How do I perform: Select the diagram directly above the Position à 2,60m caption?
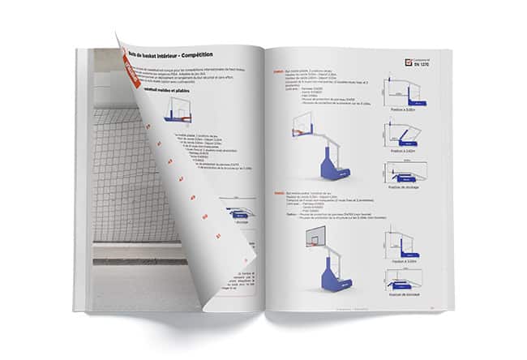(402, 133)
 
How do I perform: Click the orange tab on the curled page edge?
(128, 75)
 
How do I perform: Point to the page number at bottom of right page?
(432, 308)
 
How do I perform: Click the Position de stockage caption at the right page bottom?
(403, 291)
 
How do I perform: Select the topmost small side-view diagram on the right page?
(402, 91)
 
